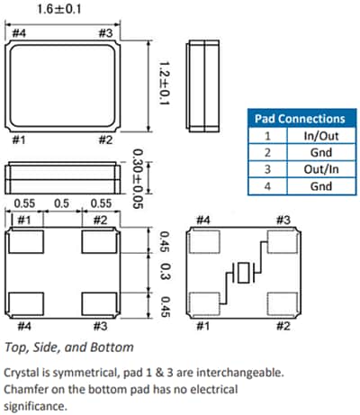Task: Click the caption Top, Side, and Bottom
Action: point(70,346)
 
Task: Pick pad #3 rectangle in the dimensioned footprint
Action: point(100,302)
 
